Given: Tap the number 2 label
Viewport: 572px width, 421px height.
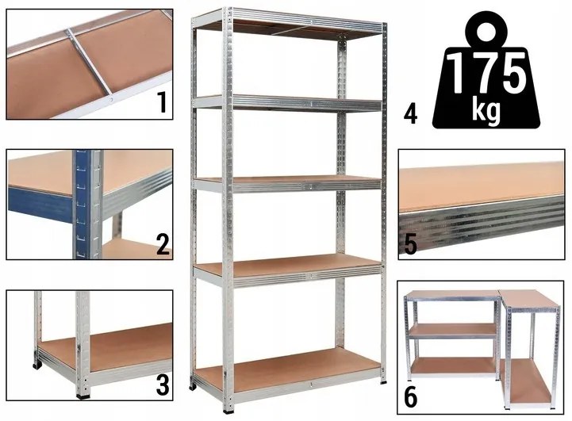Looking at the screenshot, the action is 163,243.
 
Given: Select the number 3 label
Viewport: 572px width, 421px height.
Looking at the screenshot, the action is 163,385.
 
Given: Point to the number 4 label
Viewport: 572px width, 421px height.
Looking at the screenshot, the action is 410,113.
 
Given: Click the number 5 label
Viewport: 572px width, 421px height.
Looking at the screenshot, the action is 410,243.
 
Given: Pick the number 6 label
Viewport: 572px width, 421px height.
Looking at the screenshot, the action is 410,397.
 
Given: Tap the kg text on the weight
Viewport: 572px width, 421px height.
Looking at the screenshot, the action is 486,109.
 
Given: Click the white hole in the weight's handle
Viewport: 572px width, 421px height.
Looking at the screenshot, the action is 486,33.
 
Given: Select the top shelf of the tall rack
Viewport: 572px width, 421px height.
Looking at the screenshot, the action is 288,24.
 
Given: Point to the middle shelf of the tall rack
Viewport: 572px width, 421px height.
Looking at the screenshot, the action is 288,183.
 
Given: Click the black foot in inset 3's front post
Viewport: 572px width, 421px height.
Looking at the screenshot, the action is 83,395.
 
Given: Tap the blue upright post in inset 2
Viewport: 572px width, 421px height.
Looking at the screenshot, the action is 82,204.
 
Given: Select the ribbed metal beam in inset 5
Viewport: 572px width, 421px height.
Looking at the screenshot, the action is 482,222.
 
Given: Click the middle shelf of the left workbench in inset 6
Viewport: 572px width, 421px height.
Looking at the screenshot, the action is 453,330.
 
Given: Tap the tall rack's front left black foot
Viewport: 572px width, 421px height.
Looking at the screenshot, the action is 230,408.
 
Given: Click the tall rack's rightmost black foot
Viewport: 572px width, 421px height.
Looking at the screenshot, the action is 383,381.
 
